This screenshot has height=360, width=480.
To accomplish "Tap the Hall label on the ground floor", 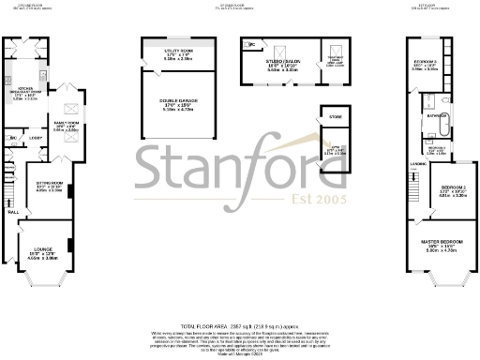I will (x=14, y=213).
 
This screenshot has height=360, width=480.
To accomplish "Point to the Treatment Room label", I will (x=335, y=63).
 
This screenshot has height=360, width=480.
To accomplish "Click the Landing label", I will (x=416, y=167).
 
